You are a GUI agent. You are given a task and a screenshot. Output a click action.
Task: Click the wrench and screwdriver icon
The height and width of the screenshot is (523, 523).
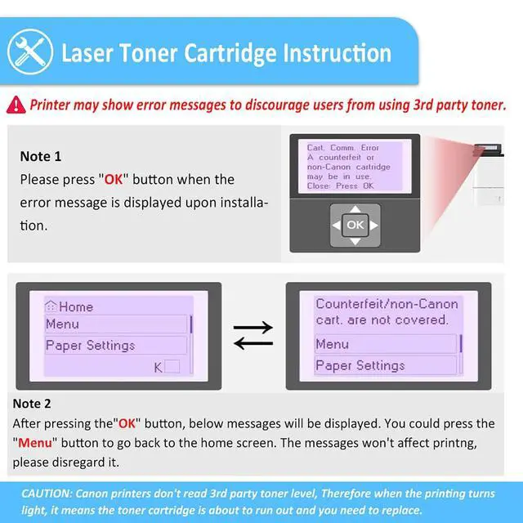pos(30,52)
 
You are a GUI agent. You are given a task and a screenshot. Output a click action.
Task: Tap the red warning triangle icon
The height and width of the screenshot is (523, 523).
pos(16,105)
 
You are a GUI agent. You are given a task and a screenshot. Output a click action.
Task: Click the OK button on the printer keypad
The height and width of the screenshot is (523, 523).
pos(355,226)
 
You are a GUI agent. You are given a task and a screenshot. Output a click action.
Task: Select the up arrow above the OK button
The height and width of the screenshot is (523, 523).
pos(355,209)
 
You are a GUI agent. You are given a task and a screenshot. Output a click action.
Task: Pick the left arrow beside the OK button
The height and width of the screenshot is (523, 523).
pos(337,226)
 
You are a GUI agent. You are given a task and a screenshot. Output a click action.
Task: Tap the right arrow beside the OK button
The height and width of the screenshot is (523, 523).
pos(374,226)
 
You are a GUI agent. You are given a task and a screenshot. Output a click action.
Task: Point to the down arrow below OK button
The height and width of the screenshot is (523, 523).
pos(355,241)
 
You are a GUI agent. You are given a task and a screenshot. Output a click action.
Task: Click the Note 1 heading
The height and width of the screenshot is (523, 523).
pos(41,156)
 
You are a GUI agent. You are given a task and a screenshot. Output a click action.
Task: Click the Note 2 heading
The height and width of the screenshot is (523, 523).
pos(32,404)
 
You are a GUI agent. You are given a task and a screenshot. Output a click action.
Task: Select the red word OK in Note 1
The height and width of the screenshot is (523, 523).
pos(114,180)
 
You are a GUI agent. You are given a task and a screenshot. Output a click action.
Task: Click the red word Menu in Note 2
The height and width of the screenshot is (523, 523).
pos(35,443)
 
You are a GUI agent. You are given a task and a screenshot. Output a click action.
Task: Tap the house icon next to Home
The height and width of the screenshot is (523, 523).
pos(51,306)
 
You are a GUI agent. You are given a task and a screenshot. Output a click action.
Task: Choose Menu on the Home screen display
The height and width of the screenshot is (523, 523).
pos(62,324)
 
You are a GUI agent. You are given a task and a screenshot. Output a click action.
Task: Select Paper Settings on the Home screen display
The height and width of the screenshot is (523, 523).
pos(91,345)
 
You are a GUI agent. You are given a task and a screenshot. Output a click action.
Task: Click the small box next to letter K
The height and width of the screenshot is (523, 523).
pos(172,367)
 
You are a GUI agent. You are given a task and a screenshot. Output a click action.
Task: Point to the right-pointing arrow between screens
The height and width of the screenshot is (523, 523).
pos(253,327)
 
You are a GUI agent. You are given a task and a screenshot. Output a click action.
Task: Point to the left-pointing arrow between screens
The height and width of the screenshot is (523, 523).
pos(253,343)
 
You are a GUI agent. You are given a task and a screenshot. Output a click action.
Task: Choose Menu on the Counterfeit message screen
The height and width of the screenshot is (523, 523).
pos(333,344)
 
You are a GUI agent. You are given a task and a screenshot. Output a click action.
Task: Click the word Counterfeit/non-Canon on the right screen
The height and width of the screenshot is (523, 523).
pos(387,304)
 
